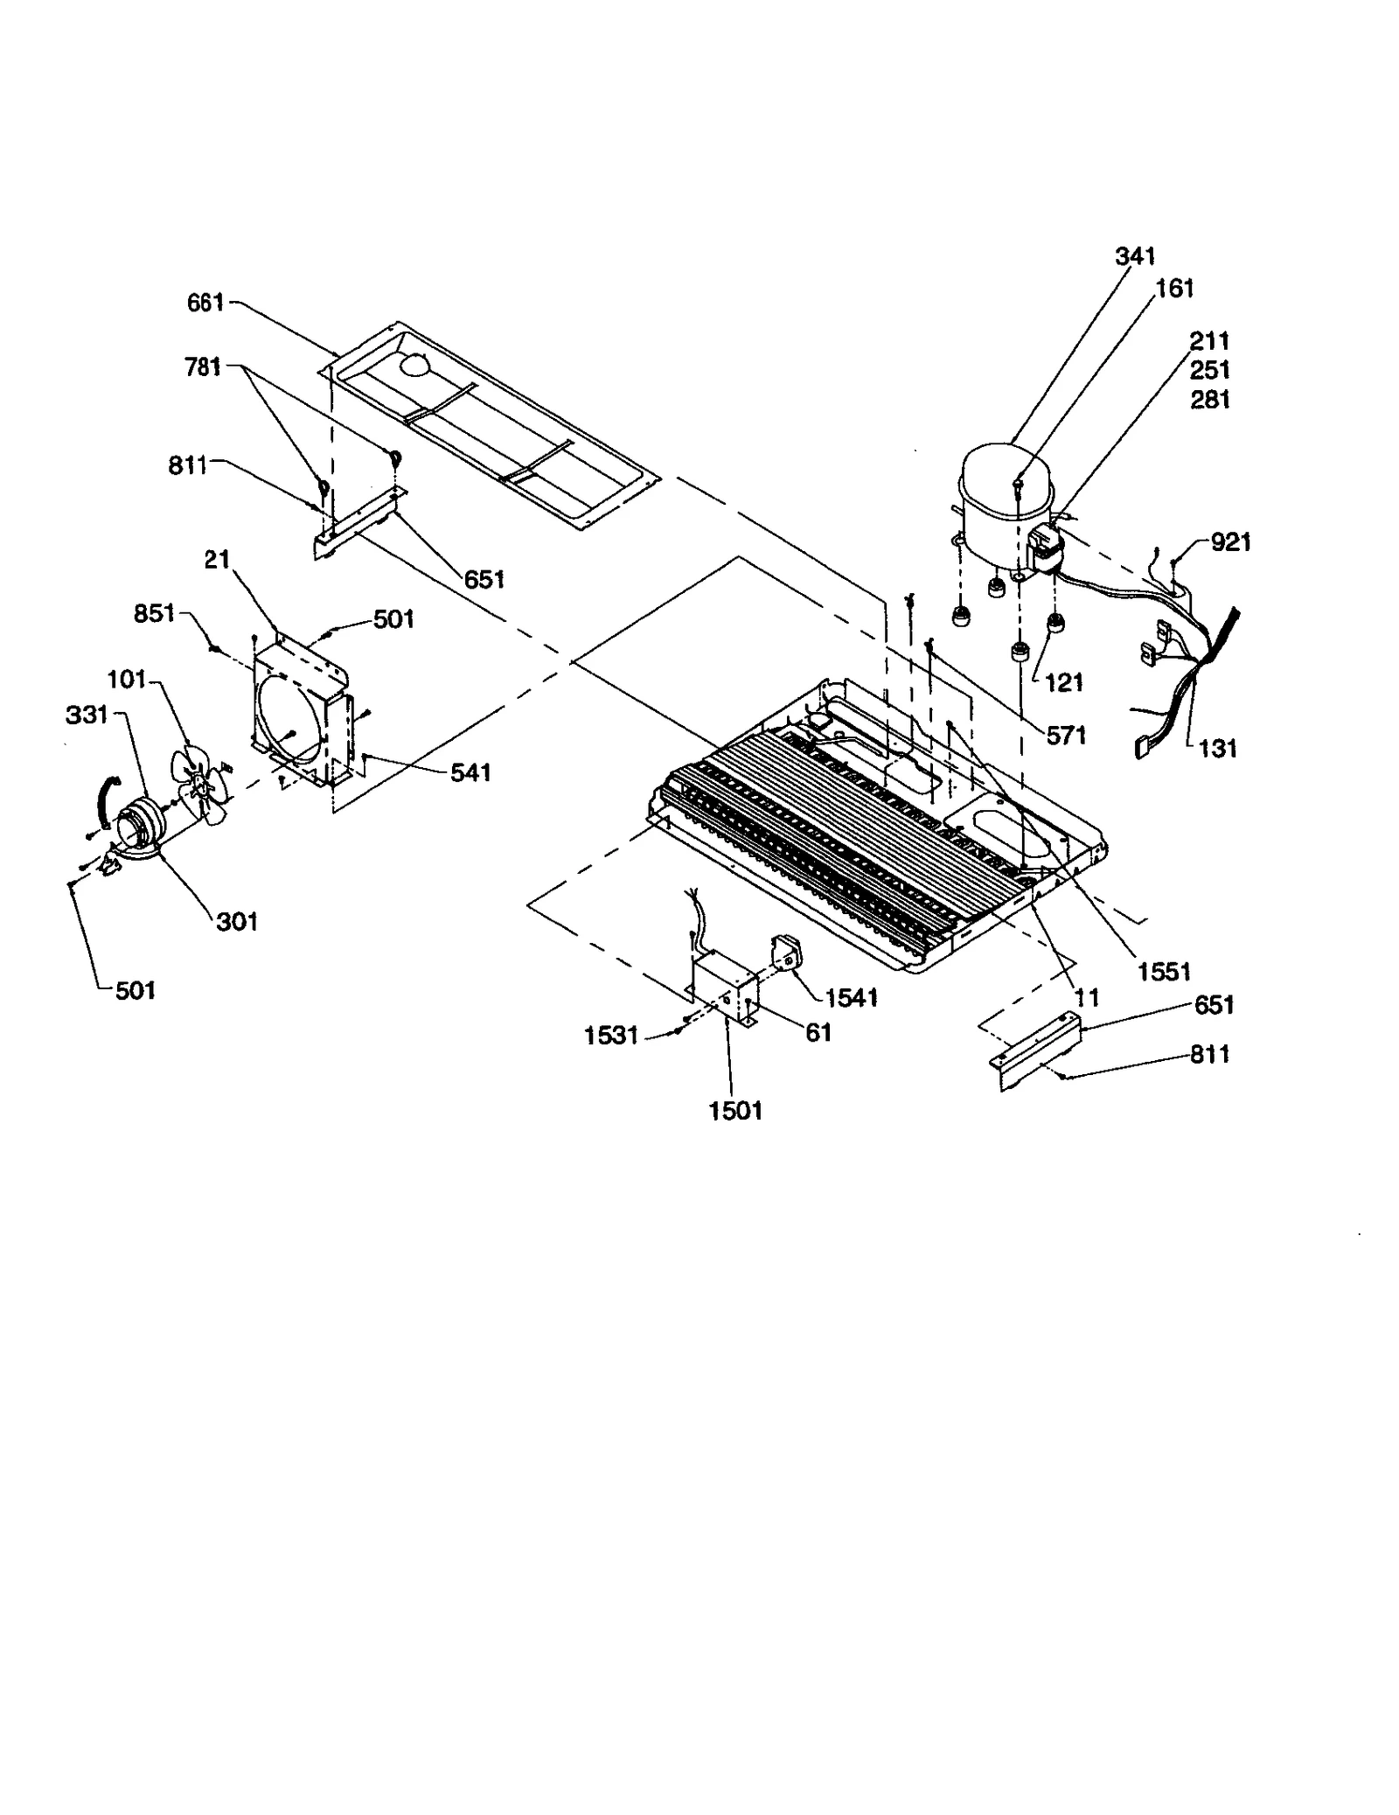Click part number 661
(205, 303)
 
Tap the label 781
(203, 366)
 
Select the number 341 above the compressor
(1135, 256)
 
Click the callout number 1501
(735, 1111)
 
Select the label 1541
(851, 997)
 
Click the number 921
(1230, 542)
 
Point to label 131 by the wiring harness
(1217, 749)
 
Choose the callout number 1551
(1164, 972)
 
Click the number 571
(1066, 736)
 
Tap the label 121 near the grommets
(1063, 683)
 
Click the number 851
(154, 614)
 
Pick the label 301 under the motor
(236, 921)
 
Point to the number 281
(1210, 400)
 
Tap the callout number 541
(470, 772)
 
